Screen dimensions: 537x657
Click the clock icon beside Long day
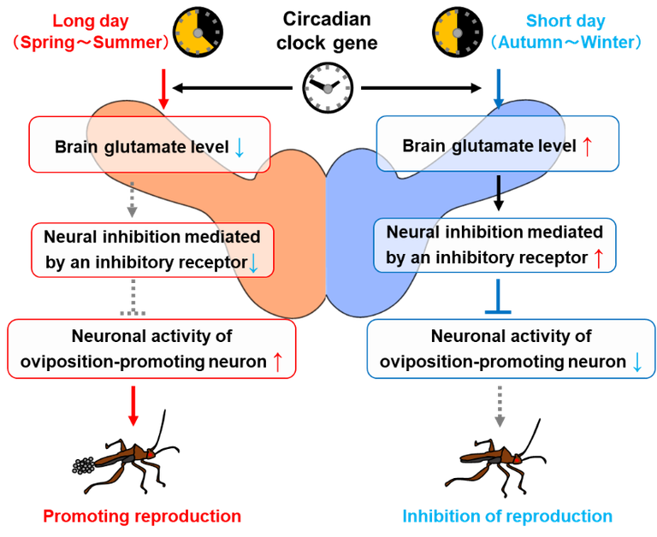click(198, 31)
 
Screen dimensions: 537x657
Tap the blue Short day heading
click(566, 20)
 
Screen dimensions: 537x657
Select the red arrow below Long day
click(163, 90)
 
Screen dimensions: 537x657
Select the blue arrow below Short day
click(497, 90)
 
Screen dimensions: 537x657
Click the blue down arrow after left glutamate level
click(240, 147)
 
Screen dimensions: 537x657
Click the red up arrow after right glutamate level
click(587, 147)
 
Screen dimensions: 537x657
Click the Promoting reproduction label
click(142, 516)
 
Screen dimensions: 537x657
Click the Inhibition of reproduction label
click(508, 516)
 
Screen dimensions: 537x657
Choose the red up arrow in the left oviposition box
click(277, 363)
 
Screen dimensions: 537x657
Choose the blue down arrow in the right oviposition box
click(636, 363)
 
